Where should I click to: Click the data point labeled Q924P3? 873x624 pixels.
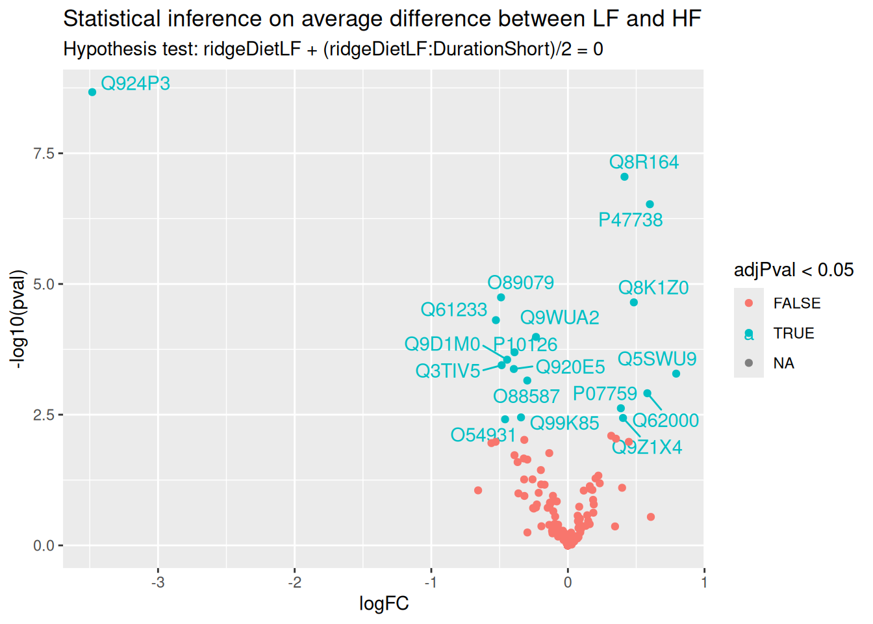click(92, 92)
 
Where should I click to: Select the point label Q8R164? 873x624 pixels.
click(643, 162)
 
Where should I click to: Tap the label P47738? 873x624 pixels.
click(630, 220)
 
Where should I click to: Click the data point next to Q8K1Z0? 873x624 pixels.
click(634, 302)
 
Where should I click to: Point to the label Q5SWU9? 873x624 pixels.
click(657, 359)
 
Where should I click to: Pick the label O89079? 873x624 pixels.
click(520, 283)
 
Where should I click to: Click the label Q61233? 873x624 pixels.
click(453, 309)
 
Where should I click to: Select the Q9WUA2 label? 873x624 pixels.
click(559, 317)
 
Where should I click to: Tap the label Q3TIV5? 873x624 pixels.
click(448, 370)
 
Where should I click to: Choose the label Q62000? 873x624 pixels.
click(665, 421)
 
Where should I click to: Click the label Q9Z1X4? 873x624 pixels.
click(647, 447)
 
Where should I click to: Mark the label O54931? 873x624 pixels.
click(483, 435)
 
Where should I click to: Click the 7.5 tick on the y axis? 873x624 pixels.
click(44, 153)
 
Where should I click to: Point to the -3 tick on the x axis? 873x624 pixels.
click(158, 582)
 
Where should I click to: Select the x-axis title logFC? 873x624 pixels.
click(384, 604)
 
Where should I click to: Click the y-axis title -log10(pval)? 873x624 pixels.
click(19, 318)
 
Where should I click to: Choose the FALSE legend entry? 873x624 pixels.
click(796, 304)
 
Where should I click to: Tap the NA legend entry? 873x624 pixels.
click(783, 363)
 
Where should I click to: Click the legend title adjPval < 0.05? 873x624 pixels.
click(793, 270)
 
